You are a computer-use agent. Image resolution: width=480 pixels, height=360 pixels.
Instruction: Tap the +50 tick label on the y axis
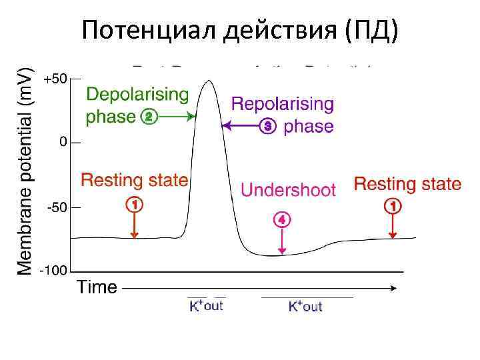point(55,79)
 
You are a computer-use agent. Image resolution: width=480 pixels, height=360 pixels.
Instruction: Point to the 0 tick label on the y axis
point(62,142)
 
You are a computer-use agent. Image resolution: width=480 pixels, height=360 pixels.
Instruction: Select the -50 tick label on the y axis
point(57,207)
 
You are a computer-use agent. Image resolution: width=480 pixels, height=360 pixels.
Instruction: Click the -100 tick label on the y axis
point(55,271)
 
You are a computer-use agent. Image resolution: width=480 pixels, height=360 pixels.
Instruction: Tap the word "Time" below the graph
point(97,288)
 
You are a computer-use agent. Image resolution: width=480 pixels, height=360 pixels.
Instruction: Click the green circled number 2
point(148,117)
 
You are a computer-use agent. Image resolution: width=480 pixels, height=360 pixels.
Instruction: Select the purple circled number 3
point(268,125)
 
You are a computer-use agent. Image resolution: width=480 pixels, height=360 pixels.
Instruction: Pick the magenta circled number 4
point(282,219)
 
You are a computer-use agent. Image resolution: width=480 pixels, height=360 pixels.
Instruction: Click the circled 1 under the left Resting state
point(135,204)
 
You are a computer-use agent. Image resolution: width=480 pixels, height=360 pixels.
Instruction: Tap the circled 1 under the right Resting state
point(393,207)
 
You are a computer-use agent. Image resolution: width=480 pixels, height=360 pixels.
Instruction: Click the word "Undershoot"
point(288,191)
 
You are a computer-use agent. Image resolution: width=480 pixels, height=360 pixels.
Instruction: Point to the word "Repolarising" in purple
point(283,104)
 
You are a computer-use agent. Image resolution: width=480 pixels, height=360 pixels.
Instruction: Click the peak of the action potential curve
point(209,81)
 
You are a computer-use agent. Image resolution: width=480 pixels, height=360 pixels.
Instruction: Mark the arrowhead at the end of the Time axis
point(395,288)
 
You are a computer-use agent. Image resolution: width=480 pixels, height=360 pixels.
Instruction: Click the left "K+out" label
point(205,306)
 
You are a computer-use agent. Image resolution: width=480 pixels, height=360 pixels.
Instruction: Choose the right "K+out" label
point(305,307)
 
